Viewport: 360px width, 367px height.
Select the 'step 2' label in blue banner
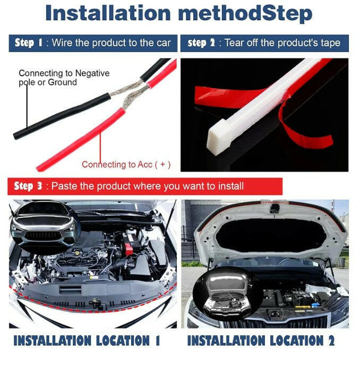[201, 43]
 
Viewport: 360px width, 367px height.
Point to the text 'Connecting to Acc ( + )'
[126, 165]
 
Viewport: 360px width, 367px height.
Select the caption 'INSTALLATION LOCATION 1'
[87, 340]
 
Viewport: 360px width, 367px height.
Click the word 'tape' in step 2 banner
[328, 43]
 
